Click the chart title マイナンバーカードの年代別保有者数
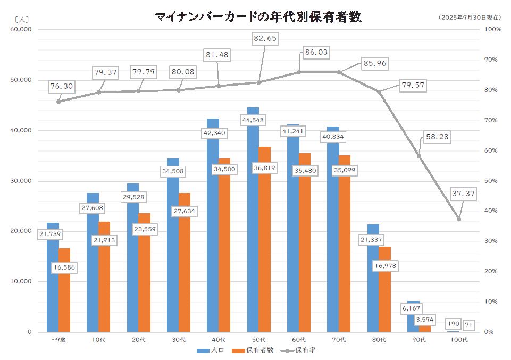pyautogui.click(x=258, y=17)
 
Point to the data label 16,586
pyautogui.click(x=64, y=268)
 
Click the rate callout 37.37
pyautogui.click(x=463, y=194)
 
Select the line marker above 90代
pyautogui.click(x=419, y=156)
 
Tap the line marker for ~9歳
pyautogui.click(x=58, y=101)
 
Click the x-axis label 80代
pyautogui.click(x=379, y=340)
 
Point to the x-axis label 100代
pyautogui.click(x=458, y=340)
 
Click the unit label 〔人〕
pyautogui.click(x=22, y=19)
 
